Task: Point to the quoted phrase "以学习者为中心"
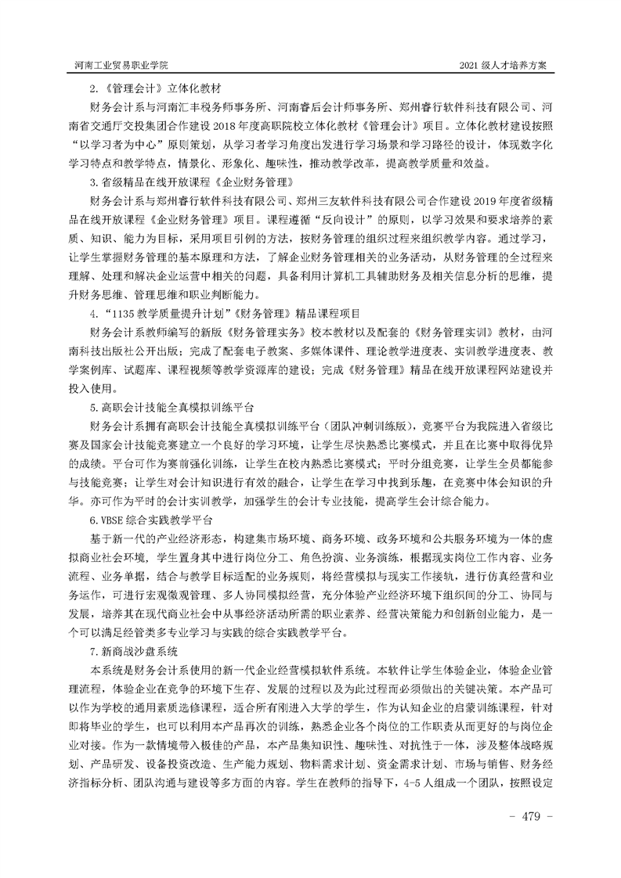[112, 145]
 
